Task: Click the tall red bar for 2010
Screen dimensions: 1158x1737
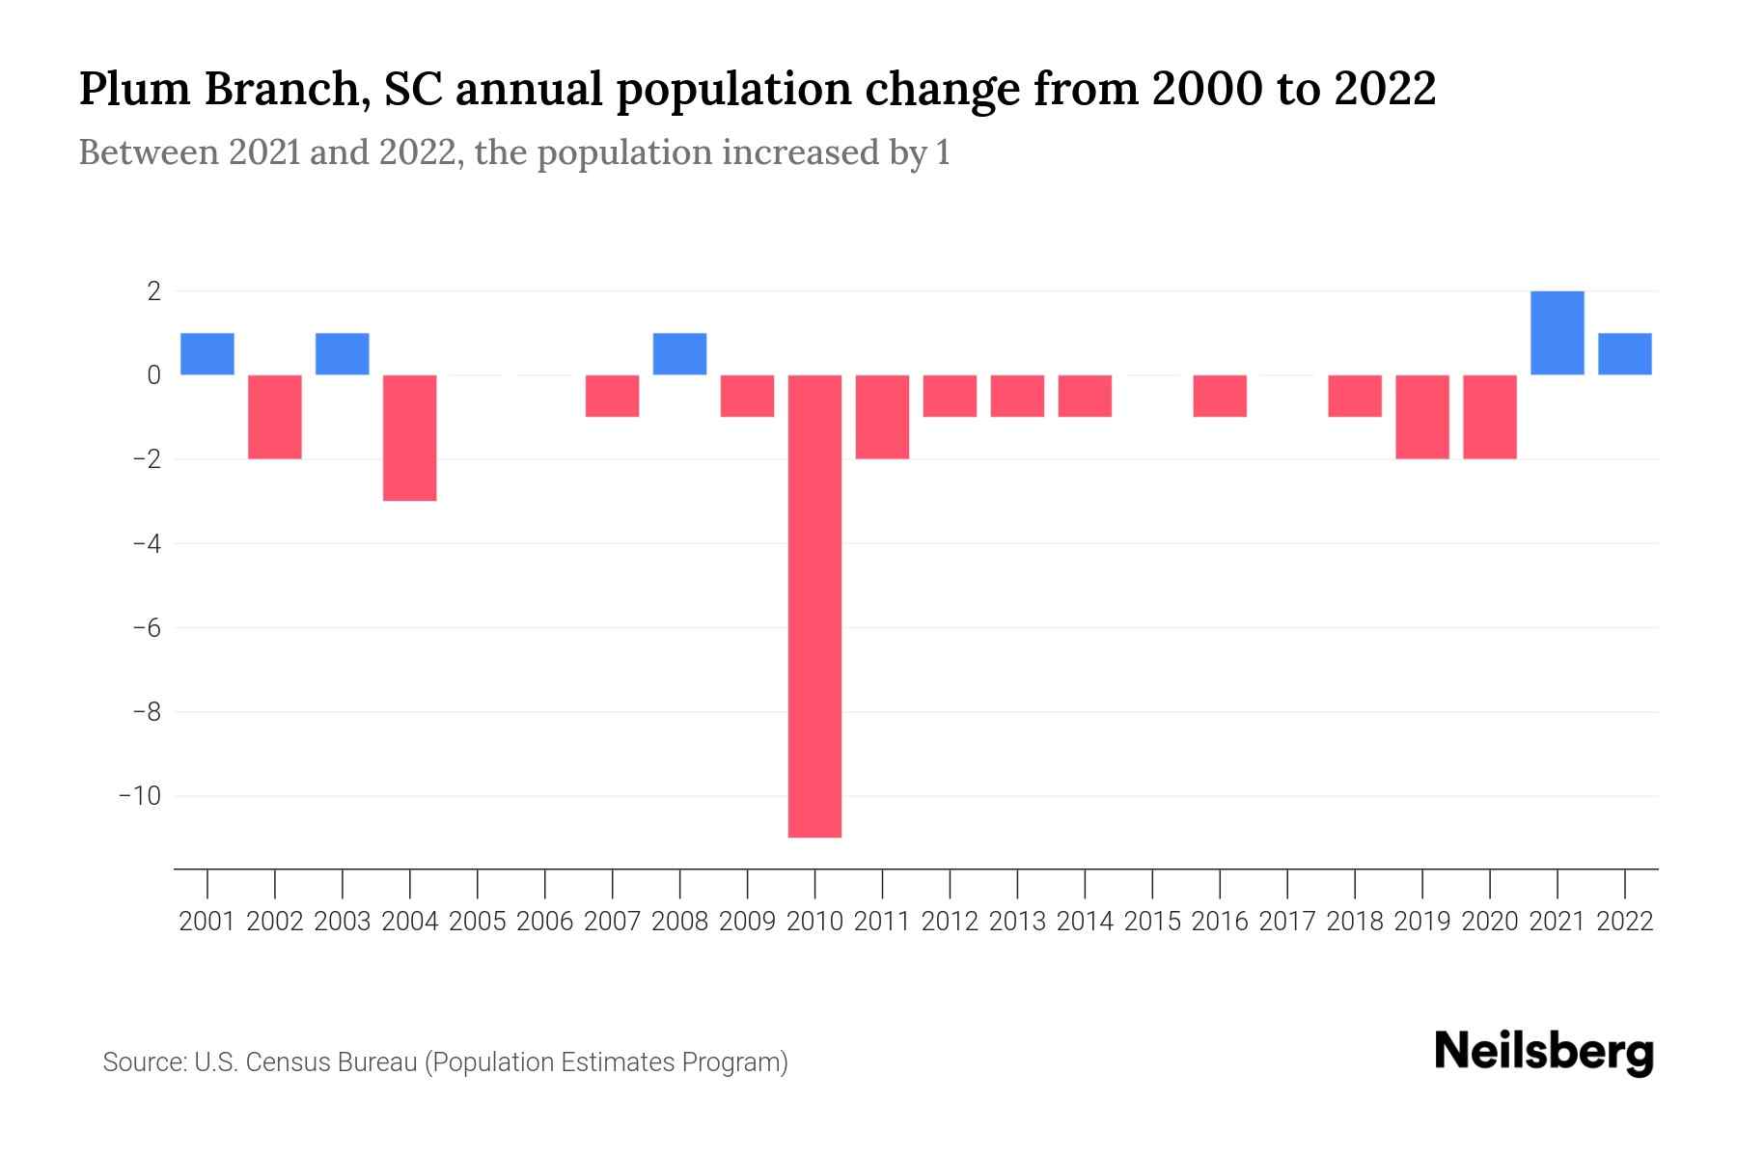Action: (814, 606)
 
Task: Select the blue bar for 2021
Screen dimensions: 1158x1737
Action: (1557, 333)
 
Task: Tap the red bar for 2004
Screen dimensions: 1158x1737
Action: (410, 437)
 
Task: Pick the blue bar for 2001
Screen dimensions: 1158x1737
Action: (207, 354)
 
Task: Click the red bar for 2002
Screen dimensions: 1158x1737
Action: (275, 417)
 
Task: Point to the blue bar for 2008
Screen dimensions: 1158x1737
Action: (679, 354)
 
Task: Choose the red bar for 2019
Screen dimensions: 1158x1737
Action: (1422, 417)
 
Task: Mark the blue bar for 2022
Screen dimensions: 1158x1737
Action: (1624, 354)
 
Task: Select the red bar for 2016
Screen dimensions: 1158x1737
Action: (1220, 396)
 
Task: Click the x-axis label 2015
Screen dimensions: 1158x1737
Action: (1152, 922)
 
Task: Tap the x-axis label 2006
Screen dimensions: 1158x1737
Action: (545, 922)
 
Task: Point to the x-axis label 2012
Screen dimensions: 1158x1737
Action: (950, 922)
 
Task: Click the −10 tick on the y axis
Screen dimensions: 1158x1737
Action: (139, 796)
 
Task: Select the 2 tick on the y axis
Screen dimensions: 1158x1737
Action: (153, 290)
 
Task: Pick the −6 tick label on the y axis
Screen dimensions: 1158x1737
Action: (146, 628)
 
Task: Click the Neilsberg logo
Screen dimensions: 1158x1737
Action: (1543, 1053)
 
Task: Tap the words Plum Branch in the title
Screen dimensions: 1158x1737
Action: (221, 90)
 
